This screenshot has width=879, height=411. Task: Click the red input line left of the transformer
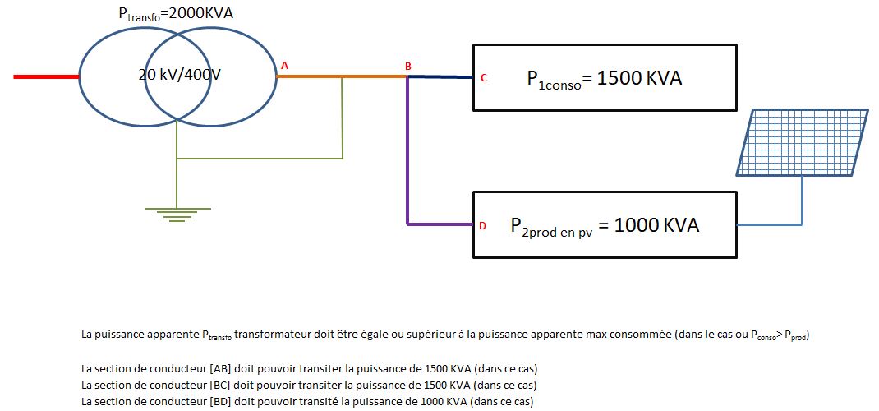(x=46, y=76)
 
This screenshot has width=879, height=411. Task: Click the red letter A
(x=285, y=64)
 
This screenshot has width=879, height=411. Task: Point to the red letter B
(x=407, y=65)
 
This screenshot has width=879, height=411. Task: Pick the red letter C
(x=484, y=78)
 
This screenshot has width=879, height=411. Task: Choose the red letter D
(x=483, y=224)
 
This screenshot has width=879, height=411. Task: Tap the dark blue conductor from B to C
(x=440, y=76)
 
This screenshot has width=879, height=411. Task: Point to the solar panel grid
(x=802, y=142)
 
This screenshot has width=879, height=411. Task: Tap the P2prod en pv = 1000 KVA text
(x=605, y=226)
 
